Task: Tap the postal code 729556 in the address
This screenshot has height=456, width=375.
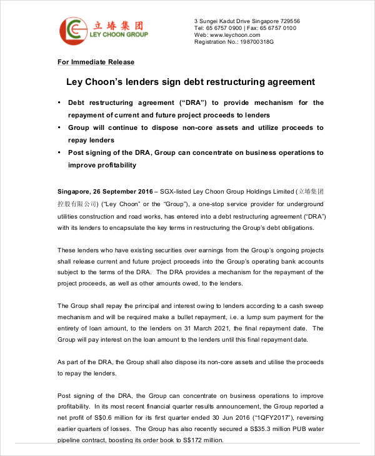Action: [287, 21]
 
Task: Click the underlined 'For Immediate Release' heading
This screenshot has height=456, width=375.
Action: [96, 62]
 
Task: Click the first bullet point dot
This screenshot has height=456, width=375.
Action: [59, 102]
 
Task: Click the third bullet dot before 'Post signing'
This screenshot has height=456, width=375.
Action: [59, 152]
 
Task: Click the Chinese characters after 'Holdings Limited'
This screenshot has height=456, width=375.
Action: [311, 191]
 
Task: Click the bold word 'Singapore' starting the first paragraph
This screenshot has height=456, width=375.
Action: [74, 191]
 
